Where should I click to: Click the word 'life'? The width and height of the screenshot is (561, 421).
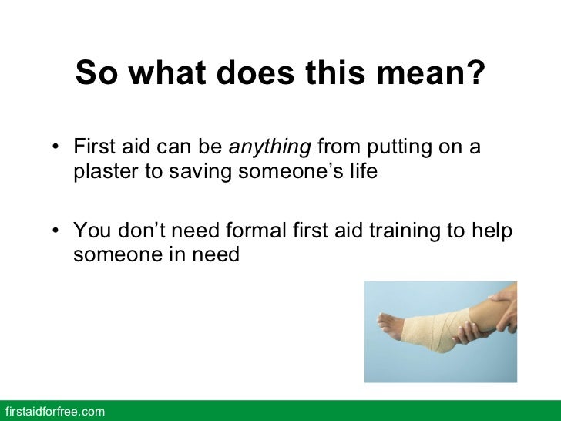point(361,171)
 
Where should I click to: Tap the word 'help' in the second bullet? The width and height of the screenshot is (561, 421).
point(495,230)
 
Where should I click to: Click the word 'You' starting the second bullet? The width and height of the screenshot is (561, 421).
point(89,230)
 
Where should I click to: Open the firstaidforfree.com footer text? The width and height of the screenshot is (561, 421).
point(54,412)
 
